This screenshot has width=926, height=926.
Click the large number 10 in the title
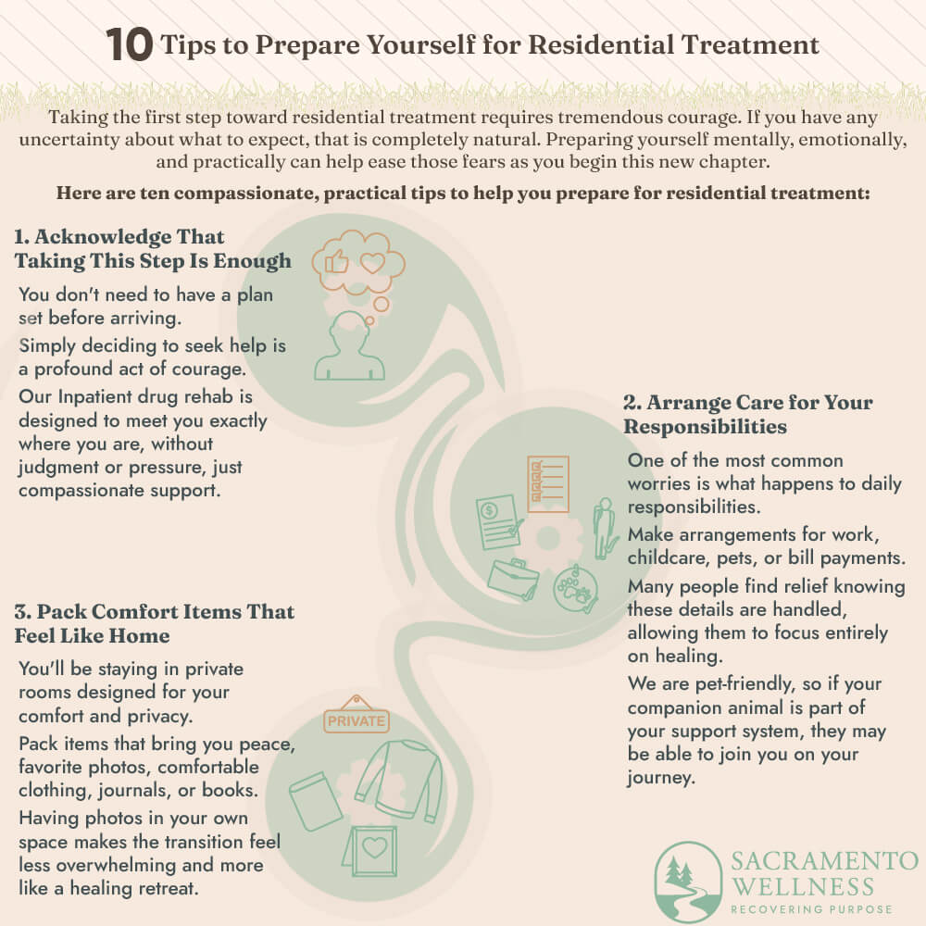click(x=130, y=44)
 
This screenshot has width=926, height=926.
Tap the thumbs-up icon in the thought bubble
click(x=337, y=261)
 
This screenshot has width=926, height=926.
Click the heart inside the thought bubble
click(x=372, y=263)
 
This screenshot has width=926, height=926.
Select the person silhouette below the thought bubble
click(x=350, y=345)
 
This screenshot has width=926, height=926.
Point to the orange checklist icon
click(x=548, y=483)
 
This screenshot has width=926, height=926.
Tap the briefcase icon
click(x=513, y=580)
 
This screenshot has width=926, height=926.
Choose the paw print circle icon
click(x=576, y=589)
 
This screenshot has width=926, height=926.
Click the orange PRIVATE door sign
click(x=357, y=715)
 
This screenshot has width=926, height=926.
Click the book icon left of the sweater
click(x=316, y=801)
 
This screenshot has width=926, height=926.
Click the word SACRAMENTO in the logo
click(x=824, y=861)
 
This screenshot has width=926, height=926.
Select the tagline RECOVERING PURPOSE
click(x=811, y=909)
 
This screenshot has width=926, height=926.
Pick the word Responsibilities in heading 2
click(x=705, y=426)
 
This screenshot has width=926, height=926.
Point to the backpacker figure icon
click(x=603, y=528)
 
